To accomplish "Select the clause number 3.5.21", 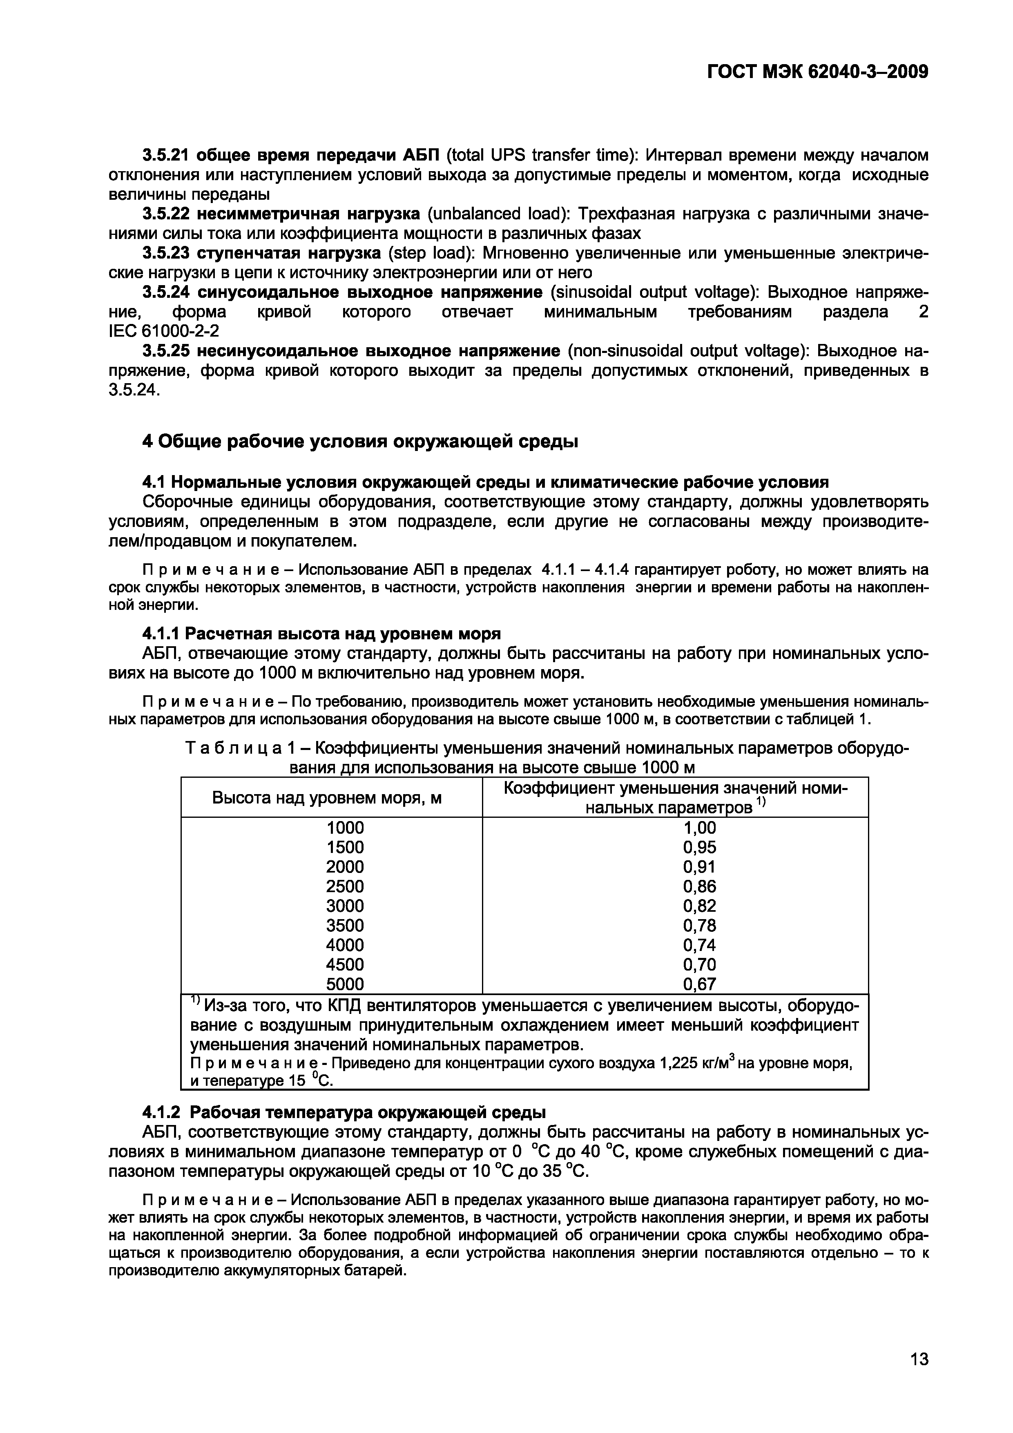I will (165, 155).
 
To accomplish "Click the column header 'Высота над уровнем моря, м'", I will (327, 797).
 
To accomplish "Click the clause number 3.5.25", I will (165, 351).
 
